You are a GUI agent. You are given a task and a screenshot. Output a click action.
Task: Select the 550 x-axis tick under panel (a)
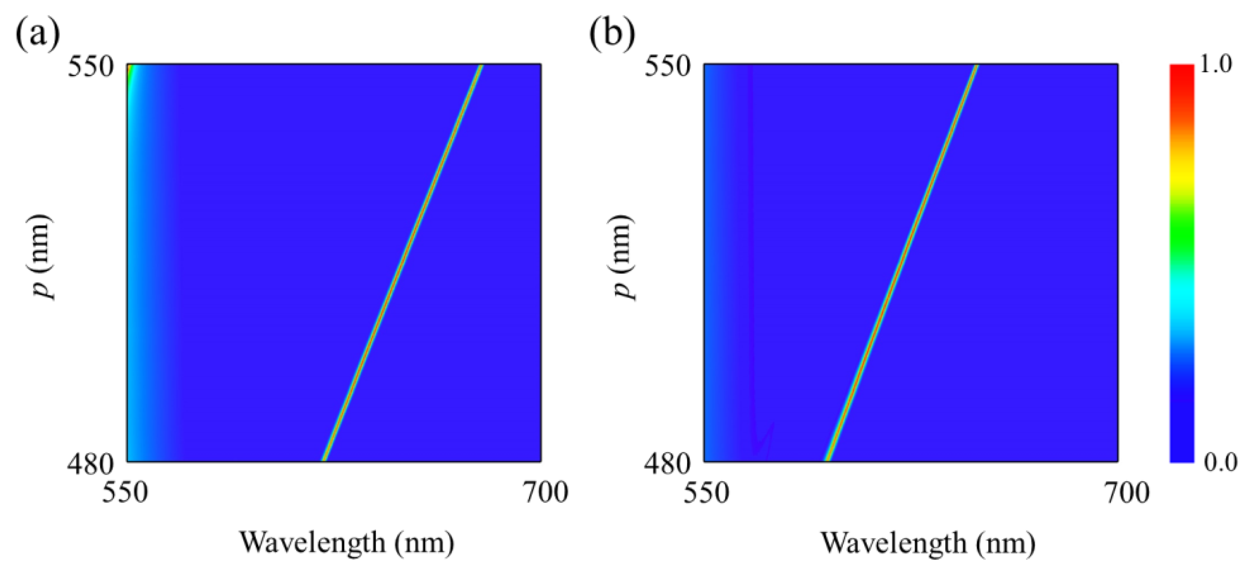coord(126,493)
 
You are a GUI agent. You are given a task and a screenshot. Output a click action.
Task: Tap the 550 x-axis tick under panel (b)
coord(705,493)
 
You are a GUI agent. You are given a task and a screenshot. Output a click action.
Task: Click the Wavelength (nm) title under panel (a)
coord(346,542)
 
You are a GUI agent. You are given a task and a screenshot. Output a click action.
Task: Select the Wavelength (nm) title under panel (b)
coord(928,542)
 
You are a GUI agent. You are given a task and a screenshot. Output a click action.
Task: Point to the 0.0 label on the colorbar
coord(1221,462)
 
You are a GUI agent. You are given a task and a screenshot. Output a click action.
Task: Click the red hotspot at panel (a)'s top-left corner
coord(129,68)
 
